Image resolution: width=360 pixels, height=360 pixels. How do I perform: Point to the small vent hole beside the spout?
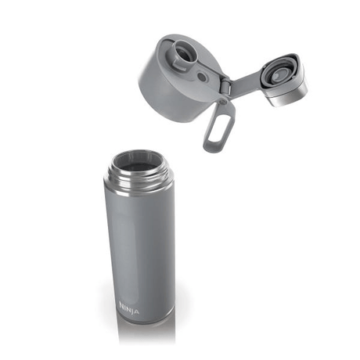click(203, 77)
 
